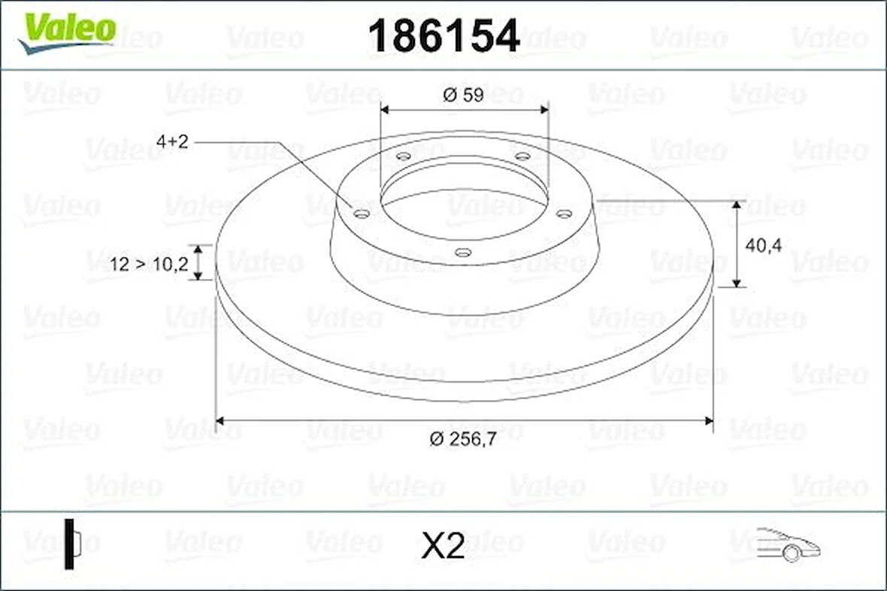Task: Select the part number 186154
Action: (x=443, y=35)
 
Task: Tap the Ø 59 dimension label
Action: (x=464, y=95)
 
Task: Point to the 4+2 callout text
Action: (x=172, y=141)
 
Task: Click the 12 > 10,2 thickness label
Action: (x=148, y=264)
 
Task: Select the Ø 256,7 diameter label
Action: (x=463, y=440)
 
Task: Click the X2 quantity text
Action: (x=443, y=547)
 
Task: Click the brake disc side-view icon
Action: (x=72, y=543)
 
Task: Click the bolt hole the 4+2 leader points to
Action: (x=362, y=214)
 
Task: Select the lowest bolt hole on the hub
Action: (x=464, y=253)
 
